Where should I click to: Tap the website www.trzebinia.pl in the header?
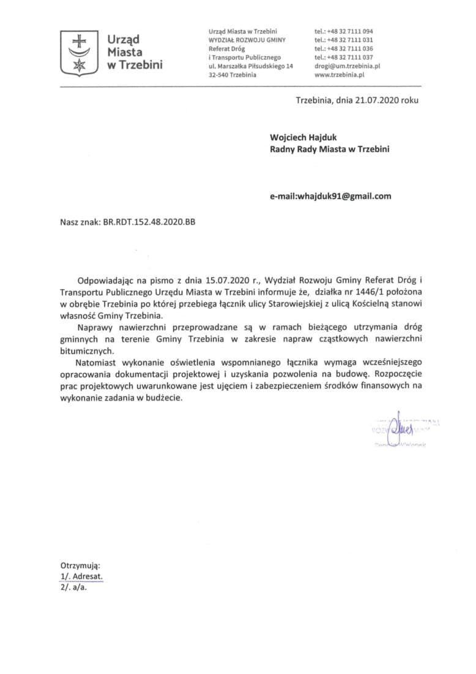[340, 74]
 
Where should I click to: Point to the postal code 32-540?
[219, 74]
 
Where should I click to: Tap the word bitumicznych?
[86, 350]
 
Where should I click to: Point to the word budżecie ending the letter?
[162, 397]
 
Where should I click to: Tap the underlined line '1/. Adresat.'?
[81, 577]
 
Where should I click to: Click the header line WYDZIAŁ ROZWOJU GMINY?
[247, 40]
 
